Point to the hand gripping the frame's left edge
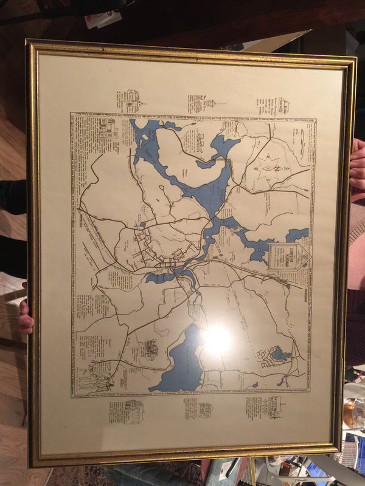[x=25, y=317]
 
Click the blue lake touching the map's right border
[x=297, y=234]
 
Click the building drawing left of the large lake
[x=149, y=349]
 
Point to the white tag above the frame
[x=103, y=19]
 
